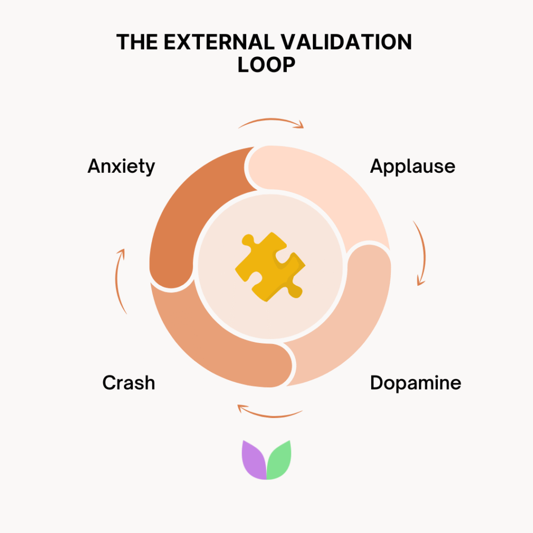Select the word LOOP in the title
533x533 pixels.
266,65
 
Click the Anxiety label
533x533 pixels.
121,167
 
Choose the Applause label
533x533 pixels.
413,167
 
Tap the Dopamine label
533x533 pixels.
415,383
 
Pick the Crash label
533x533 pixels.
129,383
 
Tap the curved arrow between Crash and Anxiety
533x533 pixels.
120,281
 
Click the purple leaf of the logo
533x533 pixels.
254,460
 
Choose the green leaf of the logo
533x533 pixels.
279,460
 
